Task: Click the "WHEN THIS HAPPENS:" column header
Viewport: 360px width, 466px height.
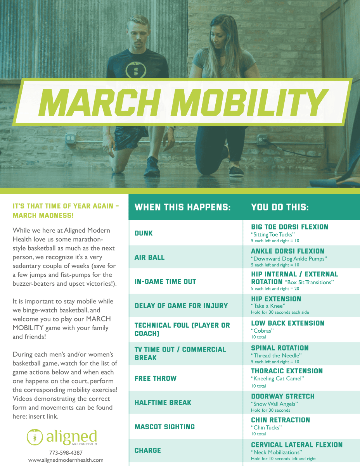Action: (183, 207)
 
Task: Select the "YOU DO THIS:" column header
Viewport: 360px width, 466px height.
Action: (280, 207)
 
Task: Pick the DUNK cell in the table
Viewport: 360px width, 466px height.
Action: (144, 233)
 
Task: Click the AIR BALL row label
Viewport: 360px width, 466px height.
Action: (149, 257)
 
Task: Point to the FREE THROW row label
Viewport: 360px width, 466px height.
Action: (156, 378)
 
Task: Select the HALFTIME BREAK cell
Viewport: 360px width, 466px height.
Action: (163, 403)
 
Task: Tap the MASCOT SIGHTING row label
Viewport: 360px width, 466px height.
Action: (164, 427)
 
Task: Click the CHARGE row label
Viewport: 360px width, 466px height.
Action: (148, 450)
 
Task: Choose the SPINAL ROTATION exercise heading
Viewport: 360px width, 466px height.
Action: (280, 348)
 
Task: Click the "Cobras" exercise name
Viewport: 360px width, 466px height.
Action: (262, 331)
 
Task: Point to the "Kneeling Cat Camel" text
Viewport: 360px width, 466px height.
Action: (277, 378)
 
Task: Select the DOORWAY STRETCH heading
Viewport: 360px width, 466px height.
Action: (283, 397)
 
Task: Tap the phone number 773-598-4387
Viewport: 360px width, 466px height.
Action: (66, 453)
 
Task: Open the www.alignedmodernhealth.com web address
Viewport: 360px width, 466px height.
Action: (66, 460)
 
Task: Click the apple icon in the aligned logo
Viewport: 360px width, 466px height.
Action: (35, 437)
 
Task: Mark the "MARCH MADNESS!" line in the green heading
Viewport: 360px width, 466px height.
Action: (43, 216)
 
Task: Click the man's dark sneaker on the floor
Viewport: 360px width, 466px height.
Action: (152, 167)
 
